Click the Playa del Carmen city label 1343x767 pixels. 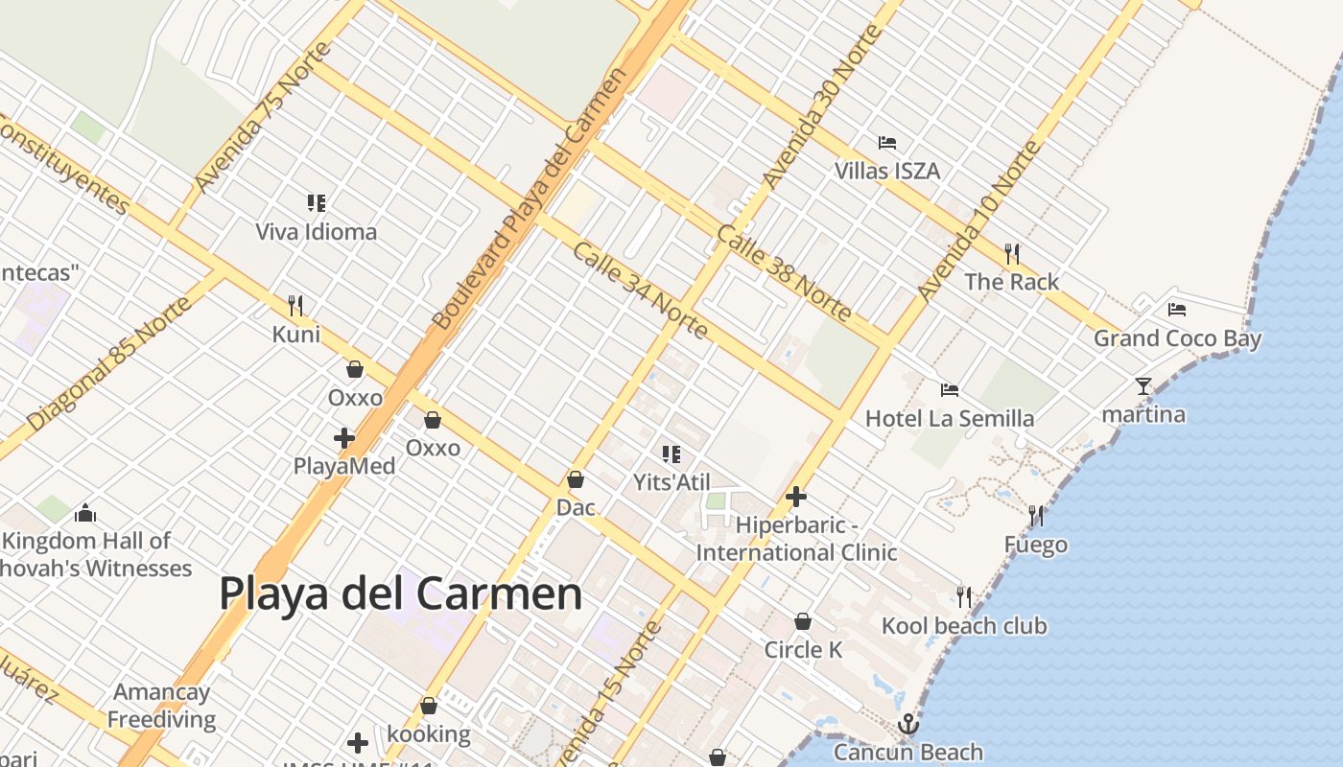(400, 593)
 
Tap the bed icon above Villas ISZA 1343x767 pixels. (887, 143)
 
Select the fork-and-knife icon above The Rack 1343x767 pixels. (1012, 253)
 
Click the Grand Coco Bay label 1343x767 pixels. (1178, 338)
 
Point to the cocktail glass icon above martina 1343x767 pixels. (1143, 385)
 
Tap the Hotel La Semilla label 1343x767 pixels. (950, 418)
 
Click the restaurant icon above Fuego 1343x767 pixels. (1036, 516)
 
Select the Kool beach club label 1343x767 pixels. (964, 626)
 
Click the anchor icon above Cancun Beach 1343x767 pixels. (907, 724)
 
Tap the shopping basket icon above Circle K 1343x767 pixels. (803, 621)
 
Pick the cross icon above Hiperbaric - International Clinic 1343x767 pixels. (795, 497)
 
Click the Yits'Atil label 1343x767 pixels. (671, 481)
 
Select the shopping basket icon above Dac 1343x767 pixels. (576, 478)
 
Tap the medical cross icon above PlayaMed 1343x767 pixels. (344, 438)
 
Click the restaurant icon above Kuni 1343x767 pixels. (295, 306)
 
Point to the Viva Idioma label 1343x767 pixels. (317, 231)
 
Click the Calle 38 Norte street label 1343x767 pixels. (783, 273)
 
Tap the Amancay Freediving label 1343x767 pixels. (162, 705)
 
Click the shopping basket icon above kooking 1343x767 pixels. (429, 706)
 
